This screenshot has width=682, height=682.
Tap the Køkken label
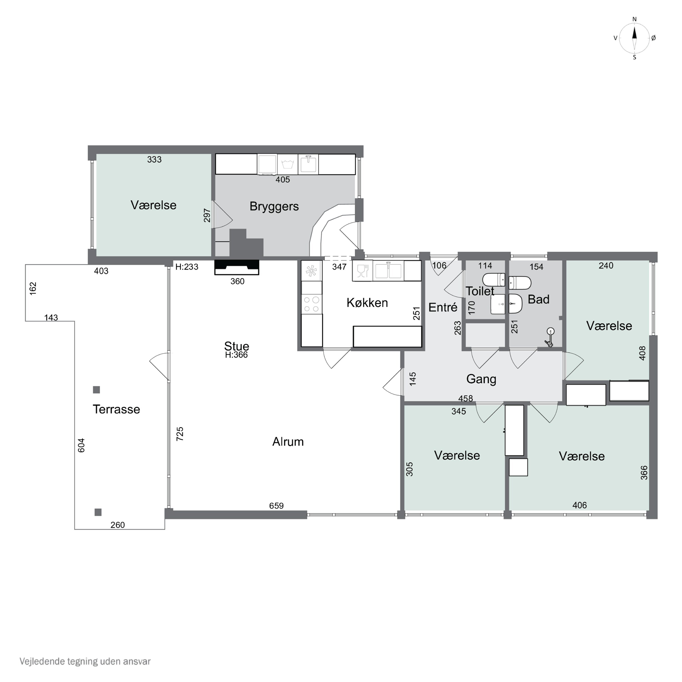click(x=367, y=303)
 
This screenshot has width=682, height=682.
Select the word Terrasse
click(x=116, y=409)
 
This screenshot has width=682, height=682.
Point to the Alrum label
click(x=288, y=442)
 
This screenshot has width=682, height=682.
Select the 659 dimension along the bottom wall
click(x=276, y=506)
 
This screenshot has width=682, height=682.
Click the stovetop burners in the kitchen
click(x=312, y=304)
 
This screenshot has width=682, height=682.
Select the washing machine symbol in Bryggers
click(x=288, y=164)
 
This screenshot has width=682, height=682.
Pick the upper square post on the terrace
click(x=96, y=390)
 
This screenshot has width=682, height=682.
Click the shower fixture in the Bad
click(x=550, y=337)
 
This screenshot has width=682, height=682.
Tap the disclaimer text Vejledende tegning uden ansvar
click(x=85, y=661)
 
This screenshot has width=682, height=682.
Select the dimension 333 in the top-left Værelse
click(x=154, y=160)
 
